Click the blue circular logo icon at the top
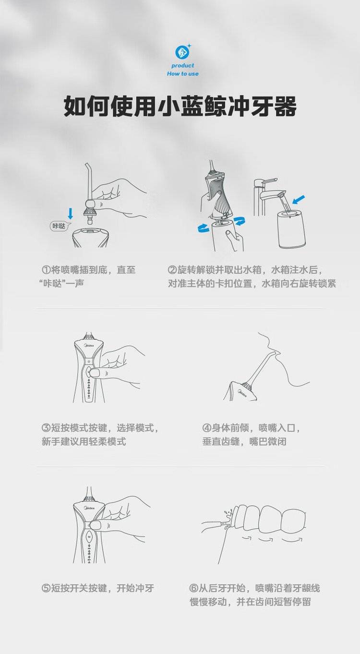(182, 52)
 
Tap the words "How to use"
(183, 74)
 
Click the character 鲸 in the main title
(216, 106)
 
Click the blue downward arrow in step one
(70, 213)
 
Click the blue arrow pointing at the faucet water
(299, 200)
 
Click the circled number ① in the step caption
(47, 270)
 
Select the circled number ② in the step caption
(172, 270)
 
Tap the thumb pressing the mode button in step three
(98, 373)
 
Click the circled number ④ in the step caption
(207, 428)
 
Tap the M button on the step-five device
(89, 536)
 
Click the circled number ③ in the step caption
(47, 428)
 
